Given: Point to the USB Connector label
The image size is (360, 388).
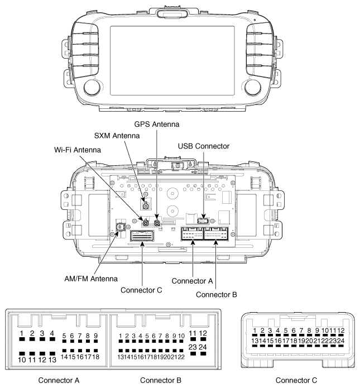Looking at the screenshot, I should coord(204,146).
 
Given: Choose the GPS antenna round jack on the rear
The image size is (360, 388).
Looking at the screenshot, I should coord(158,224).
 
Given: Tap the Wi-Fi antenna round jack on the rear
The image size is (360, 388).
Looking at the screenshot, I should coord(145,224).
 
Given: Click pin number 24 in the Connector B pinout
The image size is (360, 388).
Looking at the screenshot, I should coord(204,347).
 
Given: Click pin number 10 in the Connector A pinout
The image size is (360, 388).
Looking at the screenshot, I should coord(22,360).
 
